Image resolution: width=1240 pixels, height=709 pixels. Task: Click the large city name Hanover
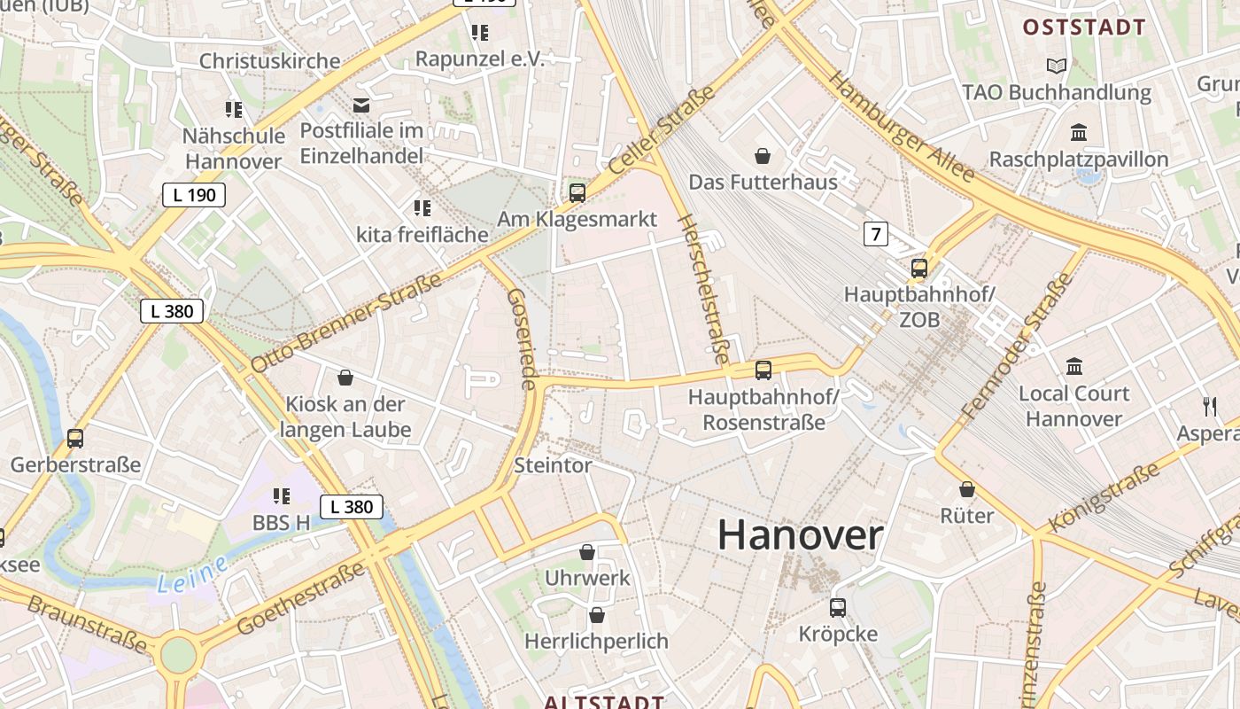point(800,535)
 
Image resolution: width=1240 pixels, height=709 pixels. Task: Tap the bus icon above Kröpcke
point(837,607)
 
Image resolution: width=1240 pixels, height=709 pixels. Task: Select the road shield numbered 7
point(876,234)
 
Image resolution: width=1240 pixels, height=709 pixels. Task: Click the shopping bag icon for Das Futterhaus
point(763,157)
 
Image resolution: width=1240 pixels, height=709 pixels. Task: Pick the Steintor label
point(553,465)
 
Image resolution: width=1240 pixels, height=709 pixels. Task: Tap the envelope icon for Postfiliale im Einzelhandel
point(361,105)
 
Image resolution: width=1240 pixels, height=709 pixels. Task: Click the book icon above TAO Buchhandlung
point(1056,66)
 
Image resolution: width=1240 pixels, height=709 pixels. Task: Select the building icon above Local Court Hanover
point(1074,366)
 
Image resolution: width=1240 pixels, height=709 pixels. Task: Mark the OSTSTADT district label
point(1084,27)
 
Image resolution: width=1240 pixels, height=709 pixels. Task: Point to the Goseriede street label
point(523,339)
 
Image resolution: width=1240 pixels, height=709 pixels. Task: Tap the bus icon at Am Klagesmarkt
point(577,192)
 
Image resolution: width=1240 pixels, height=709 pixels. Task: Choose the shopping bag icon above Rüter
point(967,489)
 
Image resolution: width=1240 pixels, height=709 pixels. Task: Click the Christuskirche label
point(269,61)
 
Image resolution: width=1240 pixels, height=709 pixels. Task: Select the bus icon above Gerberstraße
point(75,438)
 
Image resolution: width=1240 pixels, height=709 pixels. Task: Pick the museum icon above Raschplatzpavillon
point(1079,133)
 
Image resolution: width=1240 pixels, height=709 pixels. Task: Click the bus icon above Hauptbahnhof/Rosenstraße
point(763,370)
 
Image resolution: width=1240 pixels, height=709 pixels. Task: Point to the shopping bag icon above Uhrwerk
point(587,552)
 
